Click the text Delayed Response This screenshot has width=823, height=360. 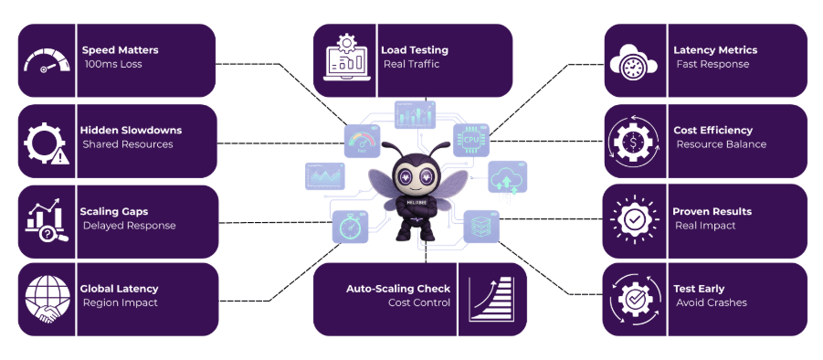point(129,226)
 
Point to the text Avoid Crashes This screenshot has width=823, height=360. point(712,302)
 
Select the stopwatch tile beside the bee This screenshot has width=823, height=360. point(348,226)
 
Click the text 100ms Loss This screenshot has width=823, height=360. point(111,64)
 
